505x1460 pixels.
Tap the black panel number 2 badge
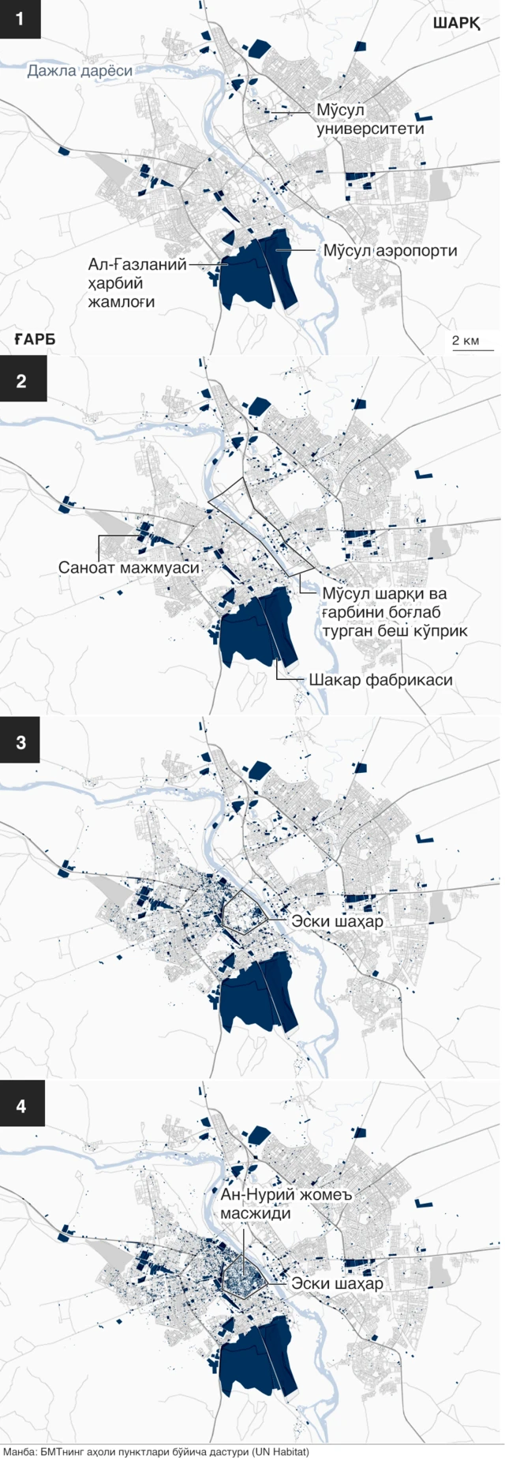click(x=21, y=381)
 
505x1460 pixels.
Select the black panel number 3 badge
click(x=21, y=743)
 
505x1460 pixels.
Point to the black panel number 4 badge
click(x=21, y=1106)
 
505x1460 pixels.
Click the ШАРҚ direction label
click(x=456, y=24)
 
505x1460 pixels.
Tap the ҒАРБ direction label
click(x=35, y=340)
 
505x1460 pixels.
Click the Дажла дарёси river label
click(x=80, y=71)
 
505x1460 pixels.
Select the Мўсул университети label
click(x=370, y=119)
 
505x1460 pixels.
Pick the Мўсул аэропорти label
click(x=390, y=251)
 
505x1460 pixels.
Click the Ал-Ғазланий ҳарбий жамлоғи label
click(x=138, y=282)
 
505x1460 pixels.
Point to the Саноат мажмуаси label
click(x=129, y=567)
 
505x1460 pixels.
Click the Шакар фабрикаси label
click(x=381, y=679)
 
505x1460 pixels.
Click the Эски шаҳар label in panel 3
click(x=337, y=920)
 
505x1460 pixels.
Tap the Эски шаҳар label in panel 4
click(x=337, y=1283)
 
